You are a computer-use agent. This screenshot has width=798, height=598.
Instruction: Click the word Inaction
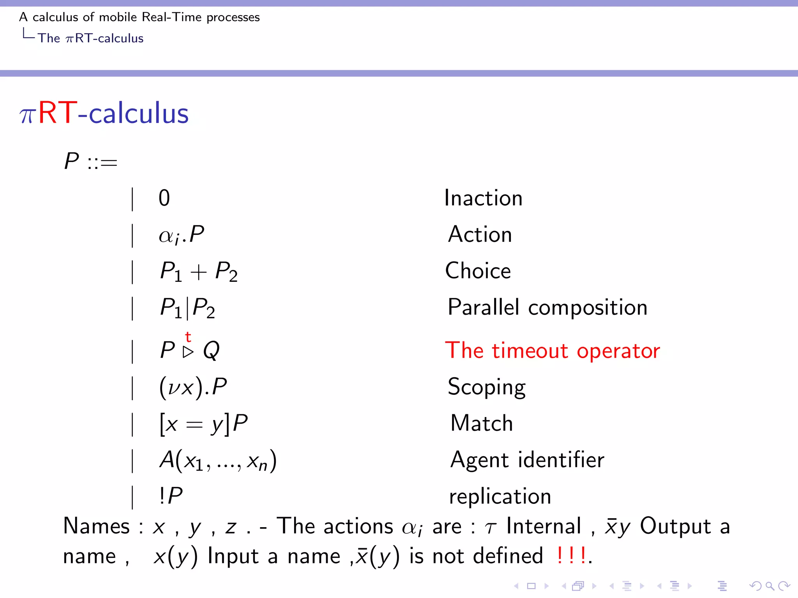[x=483, y=198]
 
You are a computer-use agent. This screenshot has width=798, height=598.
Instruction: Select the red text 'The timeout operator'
[x=553, y=350]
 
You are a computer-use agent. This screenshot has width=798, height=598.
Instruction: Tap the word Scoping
[x=486, y=387]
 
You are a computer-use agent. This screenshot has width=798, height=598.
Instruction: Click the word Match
[x=482, y=423]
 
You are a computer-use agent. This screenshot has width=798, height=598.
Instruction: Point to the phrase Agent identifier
[x=527, y=460]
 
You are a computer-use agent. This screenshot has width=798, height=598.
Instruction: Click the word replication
[x=500, y=496]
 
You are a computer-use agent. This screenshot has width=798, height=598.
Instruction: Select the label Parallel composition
[x=547, y=307]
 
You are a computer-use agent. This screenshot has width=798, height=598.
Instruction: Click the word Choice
[x=478, y=271]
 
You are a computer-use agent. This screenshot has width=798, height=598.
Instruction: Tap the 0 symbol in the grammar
[x=164, y=198]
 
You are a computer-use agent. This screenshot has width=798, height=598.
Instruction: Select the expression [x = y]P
[x=203, y=424]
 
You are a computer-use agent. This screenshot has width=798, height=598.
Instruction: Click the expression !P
[x=171, y=496]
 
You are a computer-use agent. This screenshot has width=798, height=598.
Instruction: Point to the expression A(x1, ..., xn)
[x=218, y=460]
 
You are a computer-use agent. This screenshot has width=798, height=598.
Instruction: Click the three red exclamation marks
[x=571, y=555]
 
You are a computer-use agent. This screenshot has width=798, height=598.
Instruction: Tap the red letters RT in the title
[x=58, y=113]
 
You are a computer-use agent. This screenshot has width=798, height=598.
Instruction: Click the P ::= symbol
[x=90, y=161]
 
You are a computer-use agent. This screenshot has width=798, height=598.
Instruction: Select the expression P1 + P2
[x=199, y=271]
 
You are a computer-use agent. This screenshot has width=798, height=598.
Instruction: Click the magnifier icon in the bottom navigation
[x=770, y=586]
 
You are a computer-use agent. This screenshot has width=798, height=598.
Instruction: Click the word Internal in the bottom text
[x=544, y=526]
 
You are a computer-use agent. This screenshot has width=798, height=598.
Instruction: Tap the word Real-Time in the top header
[x=171, y=17]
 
